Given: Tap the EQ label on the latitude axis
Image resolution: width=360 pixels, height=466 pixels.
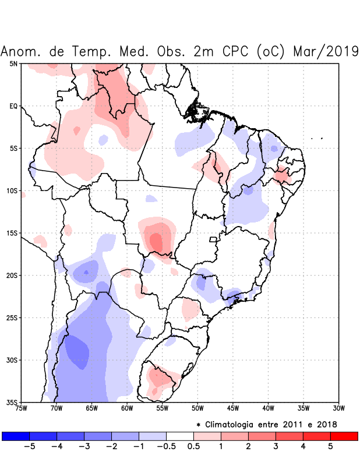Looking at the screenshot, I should click(13, 106).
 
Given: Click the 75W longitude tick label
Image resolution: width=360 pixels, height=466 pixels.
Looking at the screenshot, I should click(21, 408).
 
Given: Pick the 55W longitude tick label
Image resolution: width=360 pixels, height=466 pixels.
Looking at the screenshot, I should click(163, 408).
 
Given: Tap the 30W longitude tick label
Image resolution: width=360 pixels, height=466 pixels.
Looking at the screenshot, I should click(339, 408).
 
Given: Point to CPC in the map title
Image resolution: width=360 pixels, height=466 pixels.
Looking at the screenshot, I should click(236, 51).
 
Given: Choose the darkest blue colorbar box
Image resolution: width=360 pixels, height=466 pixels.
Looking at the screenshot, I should click(16, 436).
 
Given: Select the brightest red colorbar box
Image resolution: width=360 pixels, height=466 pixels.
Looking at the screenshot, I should click(344, 436).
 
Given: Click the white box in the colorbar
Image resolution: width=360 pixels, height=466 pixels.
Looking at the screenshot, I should click(180, 436).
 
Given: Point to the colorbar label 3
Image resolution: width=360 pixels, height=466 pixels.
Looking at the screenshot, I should click(276, 447).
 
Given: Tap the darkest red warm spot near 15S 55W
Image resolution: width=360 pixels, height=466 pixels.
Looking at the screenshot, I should click(156, 241).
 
